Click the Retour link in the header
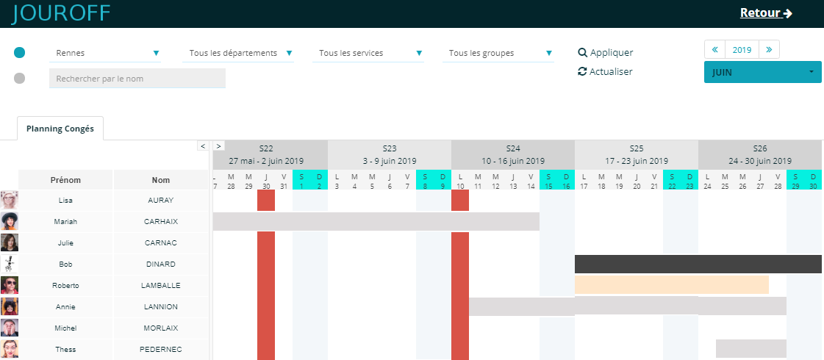(x=765, y=13)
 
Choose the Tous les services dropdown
(x=368, y=53)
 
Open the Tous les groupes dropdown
(x=498, y=53)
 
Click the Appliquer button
(x=606, y=53)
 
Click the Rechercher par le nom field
(x=137, y=79)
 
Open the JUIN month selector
(x=762, y=73)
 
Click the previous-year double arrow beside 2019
(x=714, y=50)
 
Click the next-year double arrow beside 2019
(x=769, y=50)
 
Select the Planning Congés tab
(x=60, y=129)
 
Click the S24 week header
(x=512, y=148)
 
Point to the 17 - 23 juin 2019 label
(x=636, y=161)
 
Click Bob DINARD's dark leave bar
(x=698, y=264)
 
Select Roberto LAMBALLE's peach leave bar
(x=671, y=285)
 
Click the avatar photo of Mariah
(x=10, y=221)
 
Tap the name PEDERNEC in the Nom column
(x=161, y=350)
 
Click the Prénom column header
(x=65, y=180)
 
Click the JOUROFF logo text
(x=61, y=13)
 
